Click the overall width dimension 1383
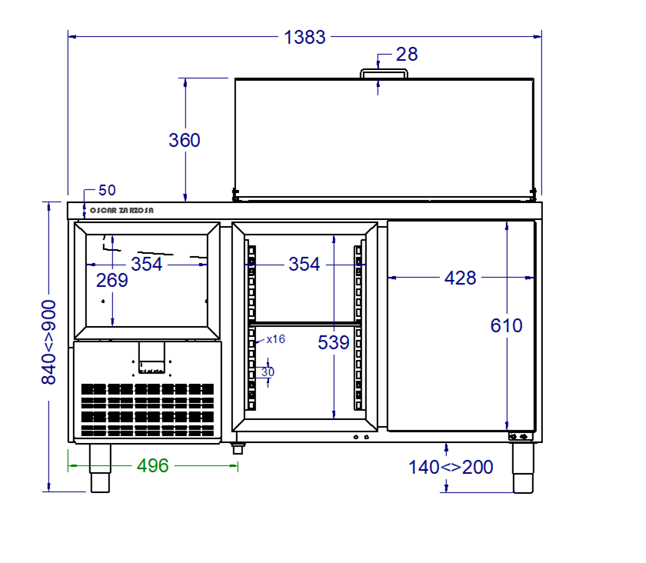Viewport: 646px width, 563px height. pyautogui.click(x=305, y=37)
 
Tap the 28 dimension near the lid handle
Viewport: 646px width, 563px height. pyautogui.click(x=407, y=55)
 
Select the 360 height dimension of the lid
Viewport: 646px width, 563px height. pyautogui.click(x=184, y=140)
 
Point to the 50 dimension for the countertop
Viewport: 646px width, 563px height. pyautogui.click(x=107, y=191)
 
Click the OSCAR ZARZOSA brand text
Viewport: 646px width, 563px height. pyautogui.click(x=122, y=210)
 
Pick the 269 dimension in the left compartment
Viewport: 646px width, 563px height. pyautogui.click(x=112, y=281)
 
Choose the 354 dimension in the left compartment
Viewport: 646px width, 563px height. pyautogui.click(x=147, y=264)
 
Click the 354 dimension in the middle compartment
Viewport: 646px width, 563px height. pyautogui.click(x=304, y=264)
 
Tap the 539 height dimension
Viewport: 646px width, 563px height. pyautogui.click(x=333, y=342)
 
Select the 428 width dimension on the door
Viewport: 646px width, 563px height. pyautogui.click(x=460, y=278)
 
